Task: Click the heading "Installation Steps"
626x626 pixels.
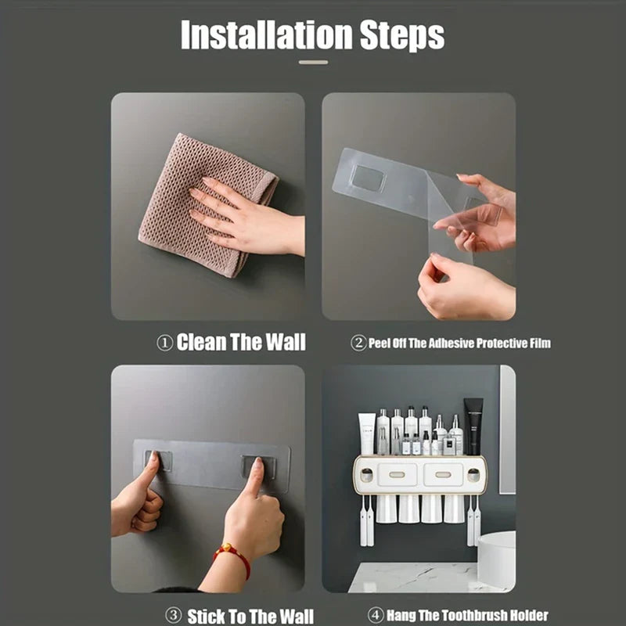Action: [x=312, y=36]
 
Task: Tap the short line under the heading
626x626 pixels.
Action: [x=313, y=62]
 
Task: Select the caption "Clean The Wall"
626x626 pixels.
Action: [x=241, y=342]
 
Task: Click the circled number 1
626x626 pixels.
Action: [x=164, y=343]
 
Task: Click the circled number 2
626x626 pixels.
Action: [x=358, y=343]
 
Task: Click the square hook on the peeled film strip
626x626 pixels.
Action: [x=367, y=178]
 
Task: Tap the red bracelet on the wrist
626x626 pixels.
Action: [x=232, y=557]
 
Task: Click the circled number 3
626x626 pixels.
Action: [x=174, y=615]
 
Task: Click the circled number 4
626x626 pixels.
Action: [x=376, y=615]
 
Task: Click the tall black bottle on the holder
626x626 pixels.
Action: [x=473, y=426]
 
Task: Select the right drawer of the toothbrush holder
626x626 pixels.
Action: [x=442, y=474]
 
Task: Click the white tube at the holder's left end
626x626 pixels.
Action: [x=366, y=434]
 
